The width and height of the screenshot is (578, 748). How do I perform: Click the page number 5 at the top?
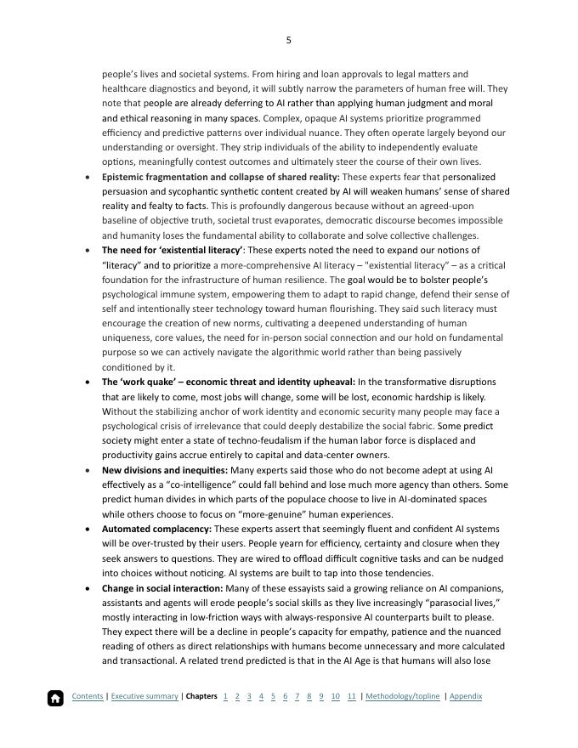click(289, 40)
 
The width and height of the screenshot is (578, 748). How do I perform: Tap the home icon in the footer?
click(55, 698)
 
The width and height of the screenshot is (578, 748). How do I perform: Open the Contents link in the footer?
click(88, 696)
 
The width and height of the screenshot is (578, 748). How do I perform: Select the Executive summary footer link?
click(144, 696)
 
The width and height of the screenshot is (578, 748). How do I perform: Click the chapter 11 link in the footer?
click(352, 696)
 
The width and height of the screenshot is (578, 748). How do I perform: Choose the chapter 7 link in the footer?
click(297, 696)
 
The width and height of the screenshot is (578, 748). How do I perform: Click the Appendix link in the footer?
click(466, 696)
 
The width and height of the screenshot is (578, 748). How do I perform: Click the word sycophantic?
click(196, 191)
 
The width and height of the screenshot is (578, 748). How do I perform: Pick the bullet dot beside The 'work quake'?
click(89, 382)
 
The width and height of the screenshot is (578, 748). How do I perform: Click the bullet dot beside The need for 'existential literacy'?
click(89, 251)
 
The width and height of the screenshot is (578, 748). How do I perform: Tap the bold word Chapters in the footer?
click(201, 696)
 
